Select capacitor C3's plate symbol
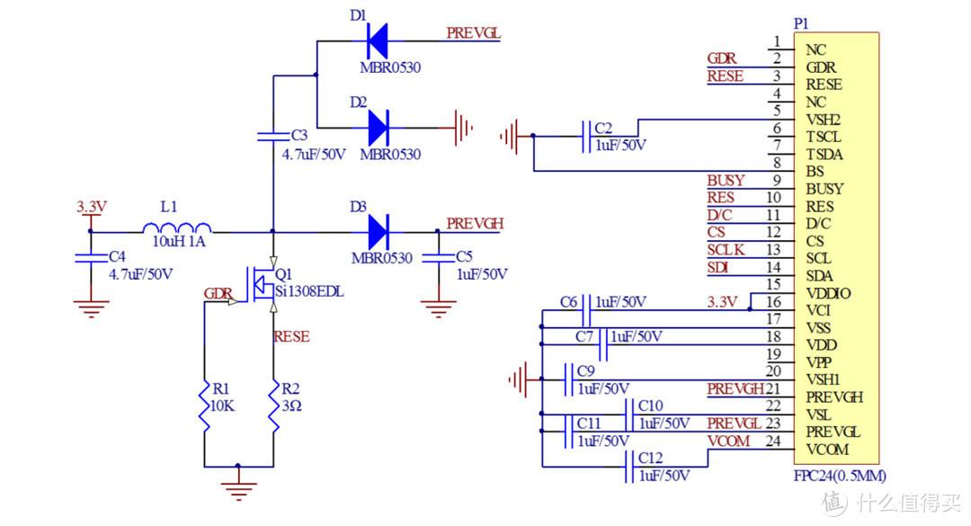click(272, 137)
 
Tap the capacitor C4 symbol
click(91, 257)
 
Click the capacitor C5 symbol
click(438, 257)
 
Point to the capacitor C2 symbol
click(584, 136)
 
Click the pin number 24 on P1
click(772, 441)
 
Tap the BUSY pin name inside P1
click(824, 189)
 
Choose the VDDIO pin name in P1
click(828, 293)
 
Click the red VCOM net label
click(727, 441)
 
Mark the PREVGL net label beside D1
click(474, 33)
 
